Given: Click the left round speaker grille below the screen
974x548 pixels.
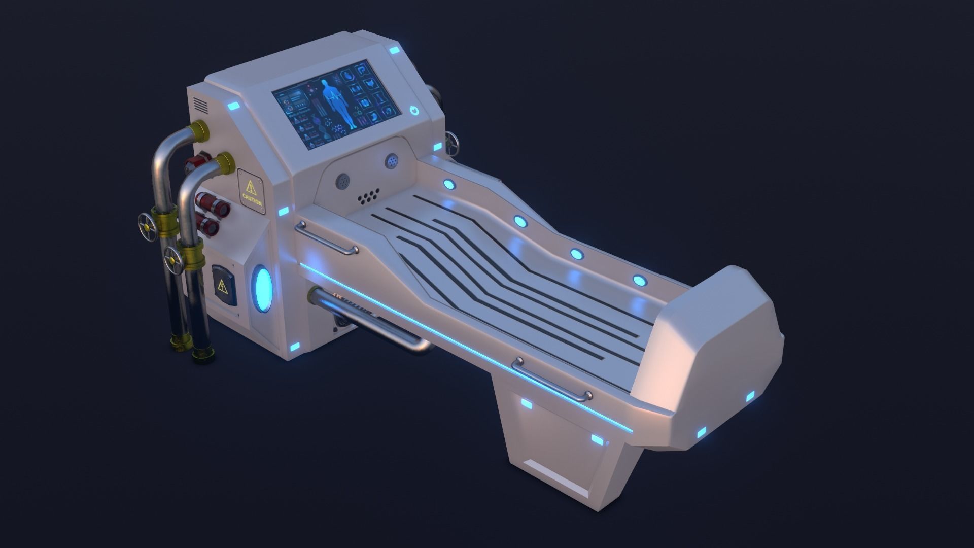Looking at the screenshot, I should (x=343, y=180).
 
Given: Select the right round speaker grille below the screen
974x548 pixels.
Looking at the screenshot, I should (x=392, y=161).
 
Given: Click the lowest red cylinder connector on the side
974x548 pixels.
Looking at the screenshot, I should (x=208, y=224).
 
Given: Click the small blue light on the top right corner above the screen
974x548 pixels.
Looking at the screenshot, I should (x=395, y=50).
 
